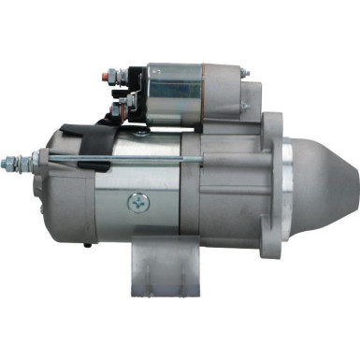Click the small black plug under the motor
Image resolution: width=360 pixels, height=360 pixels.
pos(86,246)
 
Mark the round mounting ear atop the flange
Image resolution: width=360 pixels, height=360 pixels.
pos(270,122)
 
